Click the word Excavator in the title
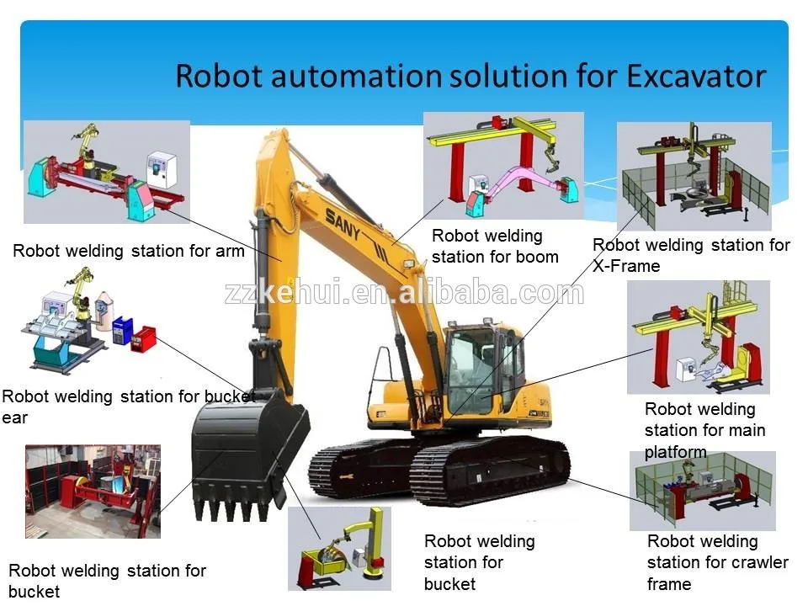tap(695, 77)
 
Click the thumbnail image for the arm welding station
tap(107, 172)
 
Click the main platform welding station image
tap(698, 337)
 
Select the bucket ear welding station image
tap(89, 320)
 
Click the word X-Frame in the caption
tap(626, 266)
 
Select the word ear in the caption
tap(15, 417)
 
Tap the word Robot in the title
tap(219, 77)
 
